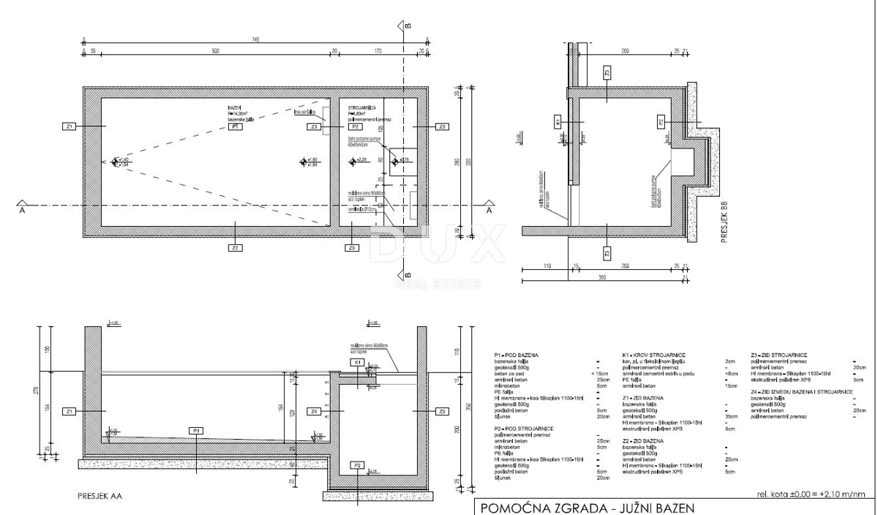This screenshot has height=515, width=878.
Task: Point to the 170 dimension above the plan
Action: click(377, 52)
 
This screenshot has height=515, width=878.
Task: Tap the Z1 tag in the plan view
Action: click(70, 127)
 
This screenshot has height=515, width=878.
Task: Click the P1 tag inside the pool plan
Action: click(236, 127)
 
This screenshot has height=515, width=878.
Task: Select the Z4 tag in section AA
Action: click(315, 412)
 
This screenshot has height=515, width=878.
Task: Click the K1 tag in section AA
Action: click(357, 363)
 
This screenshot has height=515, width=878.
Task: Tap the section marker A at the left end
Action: click(24, 207)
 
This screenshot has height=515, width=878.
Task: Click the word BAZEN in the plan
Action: click(234, 107)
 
